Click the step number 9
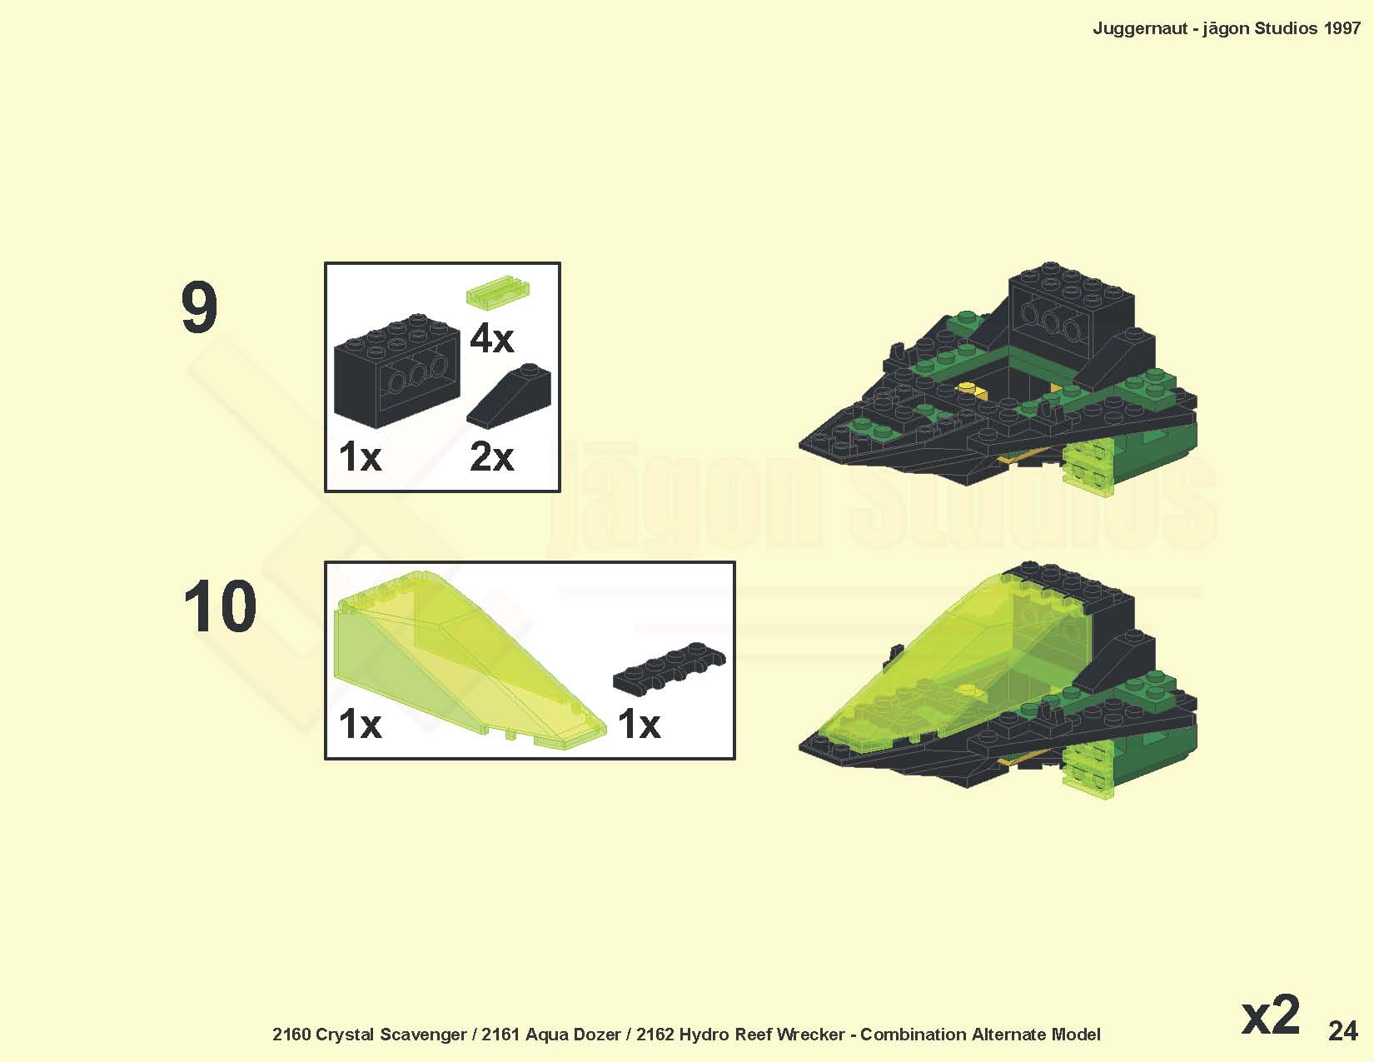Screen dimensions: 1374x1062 tap(199, 309)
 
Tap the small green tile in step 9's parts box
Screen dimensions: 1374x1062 tap(498, 292)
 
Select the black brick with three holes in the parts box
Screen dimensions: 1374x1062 tap(396, 369)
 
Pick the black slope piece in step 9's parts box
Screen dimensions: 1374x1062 tap(509, 396)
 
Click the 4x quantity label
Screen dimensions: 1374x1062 tap(492, 340)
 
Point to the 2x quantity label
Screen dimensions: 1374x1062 tap(492, 456)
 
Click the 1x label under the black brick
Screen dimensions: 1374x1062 tap(361, 456)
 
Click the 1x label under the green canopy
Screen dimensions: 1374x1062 tap(361, 724)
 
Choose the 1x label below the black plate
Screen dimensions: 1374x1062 tap(640, 724)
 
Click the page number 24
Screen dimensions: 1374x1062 tap(1343, 1031)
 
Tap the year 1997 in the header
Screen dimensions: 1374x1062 tap(1342, 28)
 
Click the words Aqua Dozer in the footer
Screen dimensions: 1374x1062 tap(573, 1035)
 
